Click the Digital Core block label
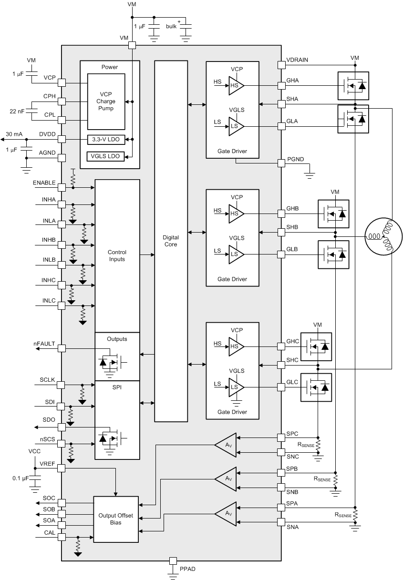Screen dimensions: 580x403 pos(170,241)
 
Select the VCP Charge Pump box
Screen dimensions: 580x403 pos(106,102)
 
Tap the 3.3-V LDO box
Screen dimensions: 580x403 pos(105,140)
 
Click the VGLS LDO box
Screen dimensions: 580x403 pos(105,156)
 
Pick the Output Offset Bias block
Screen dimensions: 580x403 pos(116,519)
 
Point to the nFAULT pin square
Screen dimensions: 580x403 pos(62,348)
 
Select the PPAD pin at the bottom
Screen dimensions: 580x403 pos(173,561)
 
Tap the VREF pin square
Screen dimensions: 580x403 pos(62,468)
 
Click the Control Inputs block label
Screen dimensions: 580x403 pos(116,255)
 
